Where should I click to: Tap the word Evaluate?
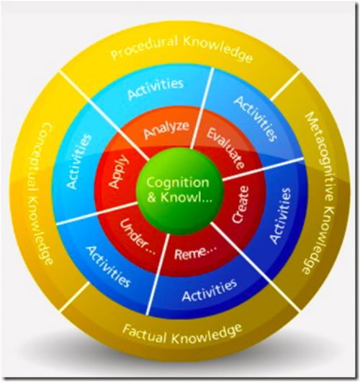tap(225, 148)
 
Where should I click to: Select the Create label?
tap(240, 205)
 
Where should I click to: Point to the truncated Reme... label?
tap(195, 252)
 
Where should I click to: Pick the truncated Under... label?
tap(138, 236)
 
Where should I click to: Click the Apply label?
tap(118, 172)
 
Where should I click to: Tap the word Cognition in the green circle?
tap(178, 183)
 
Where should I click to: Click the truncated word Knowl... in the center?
tap(186, 197)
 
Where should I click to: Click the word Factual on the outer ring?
tap(144, 333)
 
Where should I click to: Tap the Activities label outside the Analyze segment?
tap(156, 89)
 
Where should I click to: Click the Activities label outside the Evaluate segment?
tap(256, 119)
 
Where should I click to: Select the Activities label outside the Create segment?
tap(281, 216)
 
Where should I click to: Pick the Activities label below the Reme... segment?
tap(210, 290)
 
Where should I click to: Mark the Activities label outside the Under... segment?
tap(109, 267)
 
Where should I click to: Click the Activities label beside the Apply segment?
tap(79, 161)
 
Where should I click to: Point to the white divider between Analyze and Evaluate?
tap(202, 108)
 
